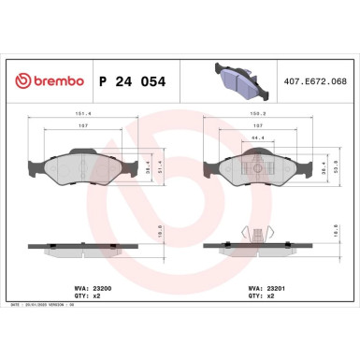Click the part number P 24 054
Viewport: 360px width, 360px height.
(x=132, y=82)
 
